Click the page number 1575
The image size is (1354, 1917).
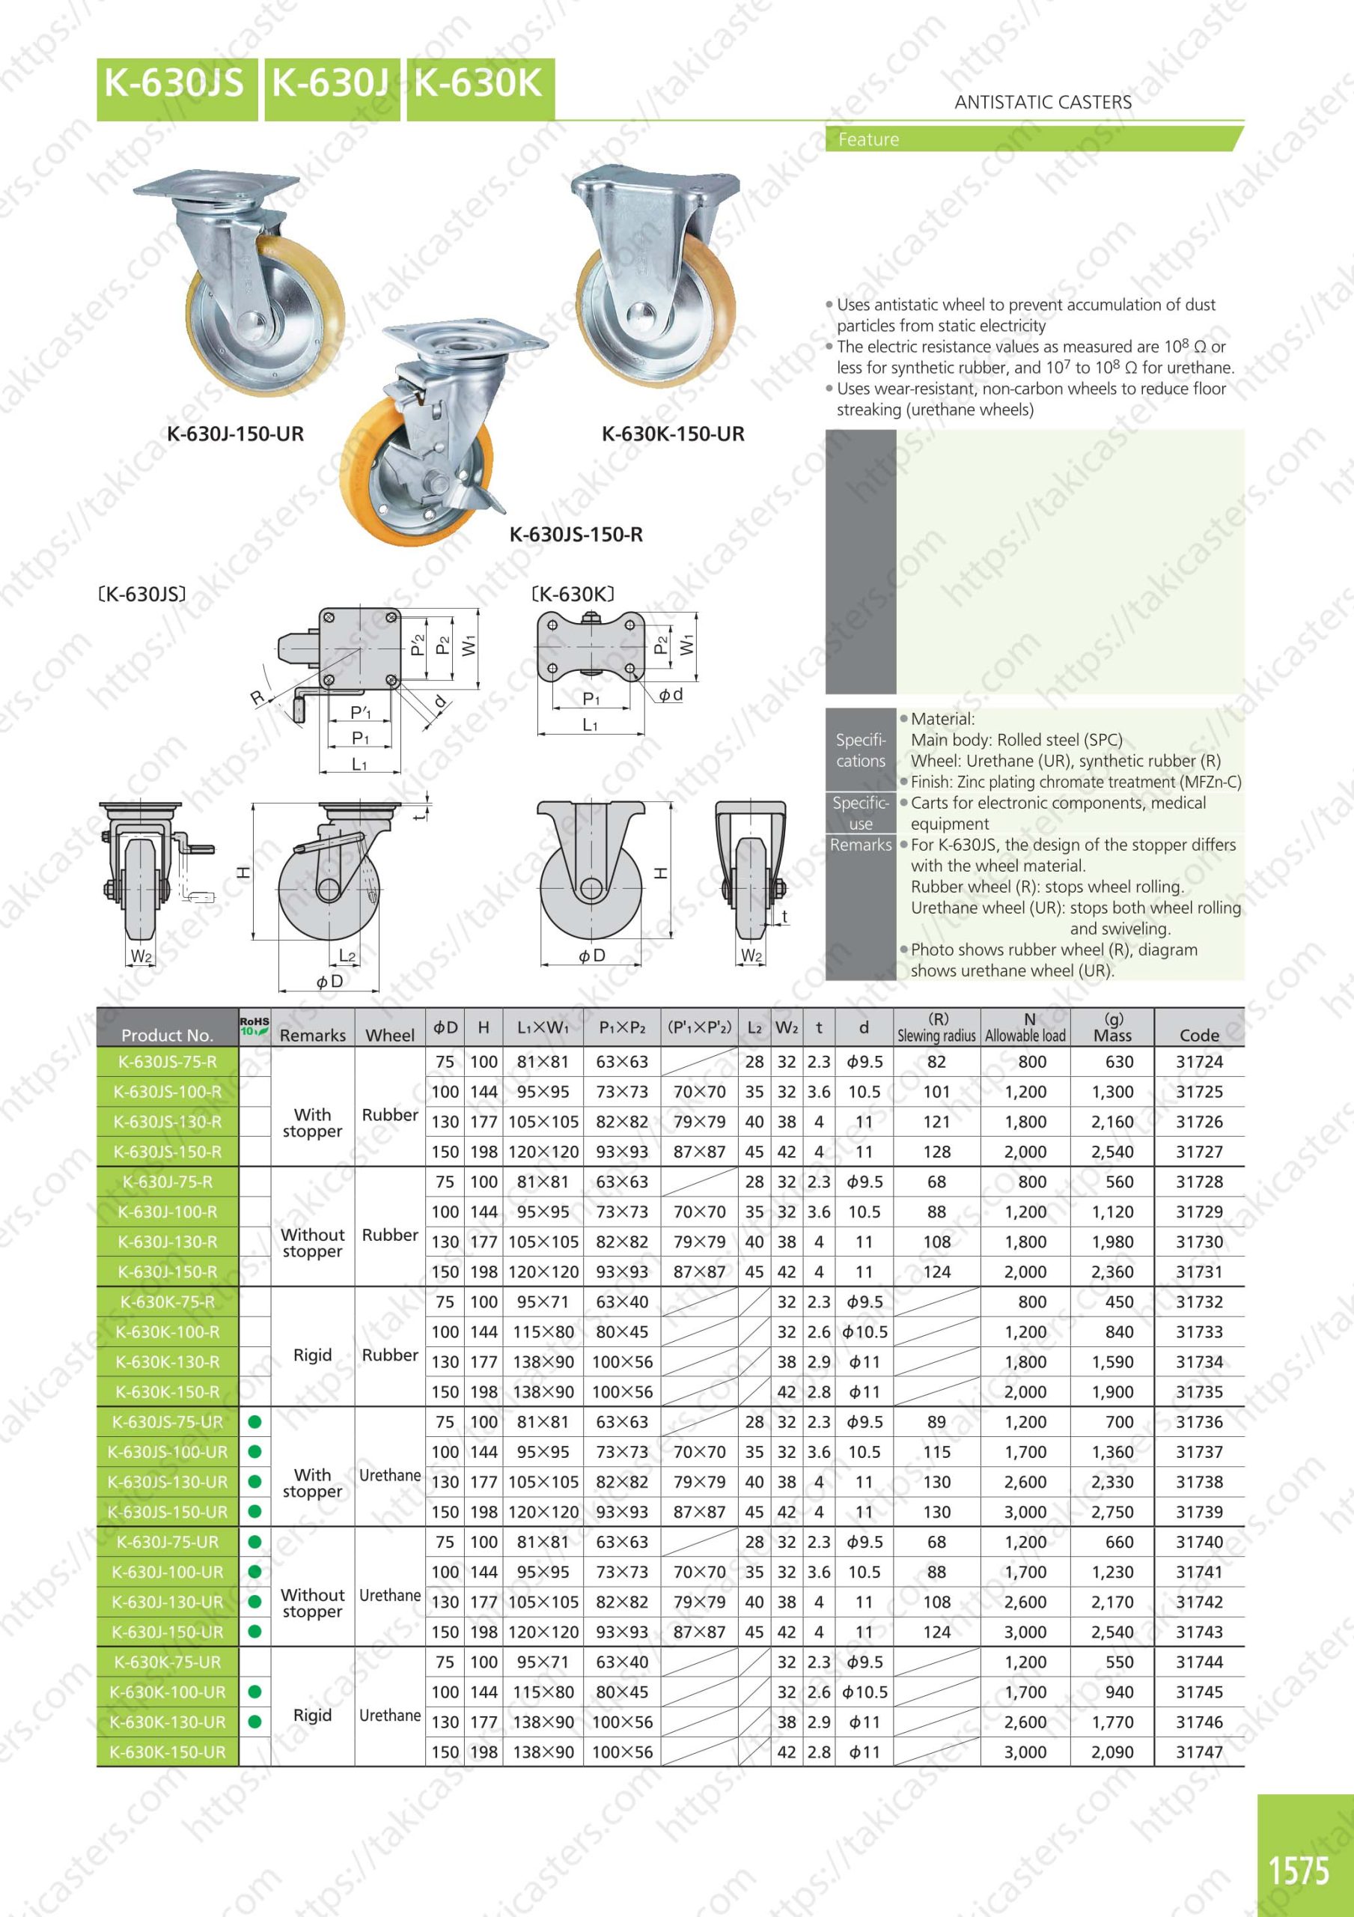1299,1871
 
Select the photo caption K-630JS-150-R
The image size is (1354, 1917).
576,535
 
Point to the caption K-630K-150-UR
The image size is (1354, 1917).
673,434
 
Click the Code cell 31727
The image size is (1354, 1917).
1199,1152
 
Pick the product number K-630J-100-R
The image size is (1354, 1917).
168,1212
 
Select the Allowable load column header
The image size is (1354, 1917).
1025,1029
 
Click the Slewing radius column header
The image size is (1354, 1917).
936,1029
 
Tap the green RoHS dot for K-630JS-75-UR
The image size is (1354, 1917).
254,1422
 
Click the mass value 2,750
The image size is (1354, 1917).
1112,1512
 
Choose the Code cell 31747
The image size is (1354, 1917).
1199,1752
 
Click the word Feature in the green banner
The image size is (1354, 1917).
868,139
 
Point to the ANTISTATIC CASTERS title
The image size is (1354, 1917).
1043,103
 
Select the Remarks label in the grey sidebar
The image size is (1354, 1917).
861,845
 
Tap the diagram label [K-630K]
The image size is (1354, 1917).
573,595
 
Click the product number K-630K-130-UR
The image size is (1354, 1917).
168,1722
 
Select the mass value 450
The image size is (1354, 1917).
1118,1301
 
